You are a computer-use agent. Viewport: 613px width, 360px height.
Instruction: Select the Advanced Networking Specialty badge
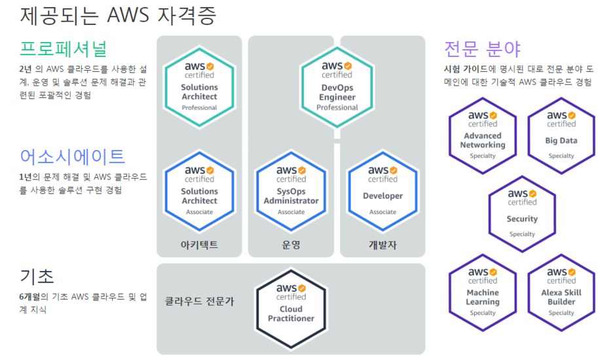pyautogui.click(x=483, y=135)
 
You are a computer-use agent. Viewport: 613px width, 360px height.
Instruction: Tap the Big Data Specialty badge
pyautogui.click(x=561, y=135)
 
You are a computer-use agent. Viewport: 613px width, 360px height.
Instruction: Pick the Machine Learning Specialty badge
pyautogui.click(x=483, y=291)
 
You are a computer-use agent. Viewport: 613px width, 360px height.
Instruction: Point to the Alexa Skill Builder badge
pyautogui.click(x=561, y=291)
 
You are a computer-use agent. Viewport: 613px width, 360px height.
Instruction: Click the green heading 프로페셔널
pyautogui.click(x=63, y=48)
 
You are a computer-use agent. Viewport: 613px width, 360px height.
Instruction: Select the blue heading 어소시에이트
pyautogui.click(x=72, y=156)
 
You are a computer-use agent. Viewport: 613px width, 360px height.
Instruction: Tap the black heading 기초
pyautogui.click(x=37, y=276)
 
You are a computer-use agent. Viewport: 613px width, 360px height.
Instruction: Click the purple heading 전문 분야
pyautogui.click(x=482, y=49)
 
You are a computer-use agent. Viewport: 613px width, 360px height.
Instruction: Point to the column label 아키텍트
pyautogui.click(x=199, y=245)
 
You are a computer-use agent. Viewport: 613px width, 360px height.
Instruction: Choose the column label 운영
pyautogui.click(x=291, y=245)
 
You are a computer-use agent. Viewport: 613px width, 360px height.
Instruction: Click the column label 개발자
pyautogui.click(x=382, y=245)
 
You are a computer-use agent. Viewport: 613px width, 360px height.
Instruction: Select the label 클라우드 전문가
pyautogui.click(x=199, y=301)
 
